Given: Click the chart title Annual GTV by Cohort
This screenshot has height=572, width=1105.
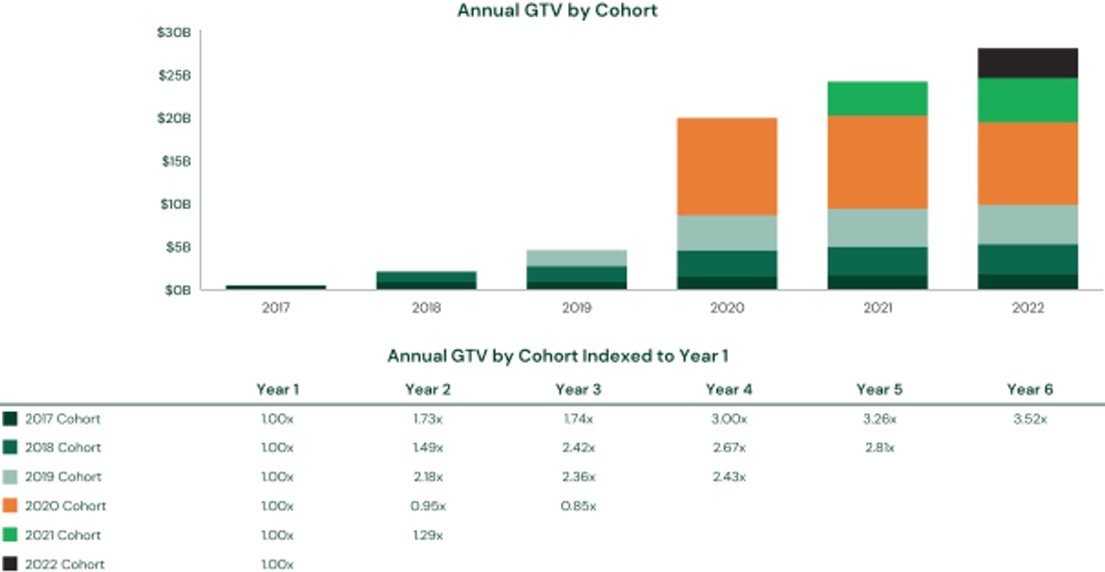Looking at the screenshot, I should [x=557, y=11].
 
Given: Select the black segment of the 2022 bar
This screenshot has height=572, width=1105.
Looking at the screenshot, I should [x=1027, y=63].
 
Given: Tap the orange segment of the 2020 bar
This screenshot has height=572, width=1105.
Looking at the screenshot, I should [x=727, y=166].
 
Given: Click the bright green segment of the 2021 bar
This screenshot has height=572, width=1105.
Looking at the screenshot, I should [x=878, y=99].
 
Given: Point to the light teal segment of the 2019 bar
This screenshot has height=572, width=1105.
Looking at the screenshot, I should [x=577, y=258].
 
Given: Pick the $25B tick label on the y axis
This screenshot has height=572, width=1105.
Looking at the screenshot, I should [x=174, y=75].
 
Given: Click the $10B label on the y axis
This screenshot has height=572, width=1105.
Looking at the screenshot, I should [x=174, y=204].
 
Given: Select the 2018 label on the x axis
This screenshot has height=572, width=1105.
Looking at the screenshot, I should [x=426, y=308].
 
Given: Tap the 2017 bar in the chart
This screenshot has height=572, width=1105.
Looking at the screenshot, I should [x=276, y=287].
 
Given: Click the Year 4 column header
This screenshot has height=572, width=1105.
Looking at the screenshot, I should [x=728, y=389].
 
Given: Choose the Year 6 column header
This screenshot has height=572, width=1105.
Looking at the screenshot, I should [x=1029, y=389].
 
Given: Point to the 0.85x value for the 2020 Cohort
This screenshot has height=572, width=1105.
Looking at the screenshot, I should [x=577, y=506].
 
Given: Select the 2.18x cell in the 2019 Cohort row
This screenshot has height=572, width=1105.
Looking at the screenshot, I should [x=427, y=477].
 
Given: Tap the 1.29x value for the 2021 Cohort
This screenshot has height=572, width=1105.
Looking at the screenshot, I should [x=427, y=535].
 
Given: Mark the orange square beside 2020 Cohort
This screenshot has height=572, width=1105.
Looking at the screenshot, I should [x=10, y=505].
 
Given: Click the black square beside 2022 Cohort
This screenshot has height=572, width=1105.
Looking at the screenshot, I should [x=10, y=564].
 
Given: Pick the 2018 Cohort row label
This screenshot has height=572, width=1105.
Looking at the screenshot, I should [x=63, y=448].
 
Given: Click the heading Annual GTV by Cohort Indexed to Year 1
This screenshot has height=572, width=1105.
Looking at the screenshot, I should [x=557, y=355].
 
